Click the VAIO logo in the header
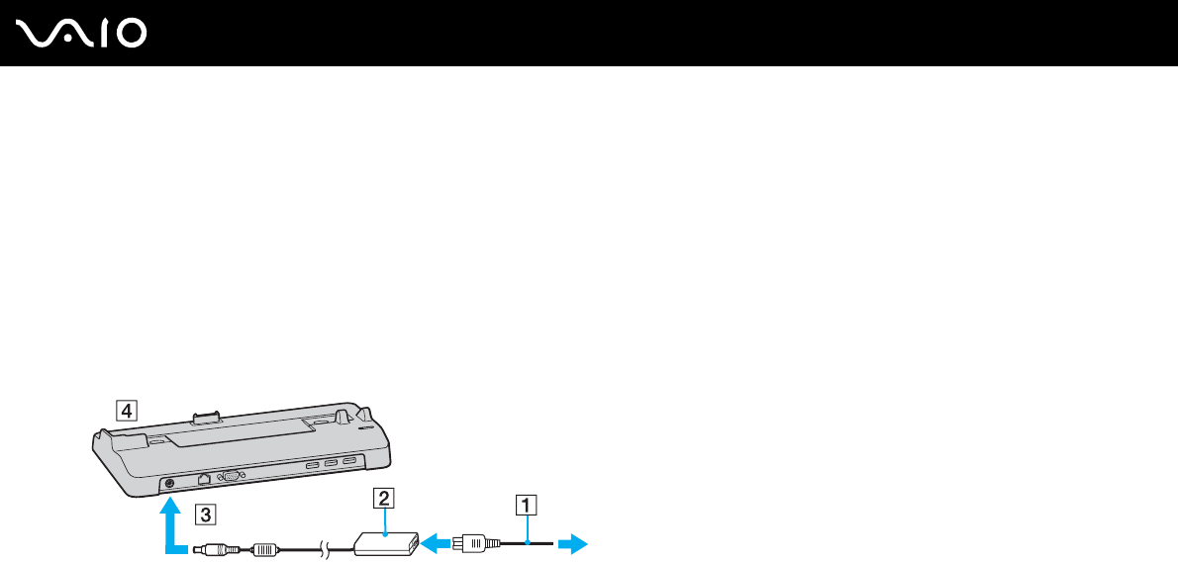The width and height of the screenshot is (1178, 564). pyautogui.click(x=82, y=34)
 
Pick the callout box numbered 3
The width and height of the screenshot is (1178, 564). pyautogui.click(x=203, y=514)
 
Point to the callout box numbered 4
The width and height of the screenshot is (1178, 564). pyautogui.click(x=125, y=409)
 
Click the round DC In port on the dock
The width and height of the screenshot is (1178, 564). pyautogui.click(x=169, y=483)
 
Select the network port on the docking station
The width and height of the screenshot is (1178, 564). pyautogui.click(x=204, y=478)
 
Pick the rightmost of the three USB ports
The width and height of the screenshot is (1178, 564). pyautogui.click(x=349, y=460)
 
